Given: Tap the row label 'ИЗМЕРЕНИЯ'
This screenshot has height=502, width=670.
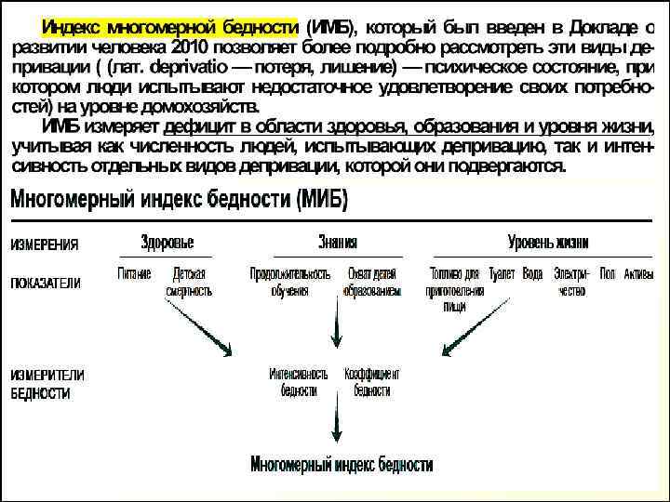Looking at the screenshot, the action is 45,245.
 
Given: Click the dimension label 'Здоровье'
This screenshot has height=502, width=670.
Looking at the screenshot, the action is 167,243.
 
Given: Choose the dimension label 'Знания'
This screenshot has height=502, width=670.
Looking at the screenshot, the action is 337,243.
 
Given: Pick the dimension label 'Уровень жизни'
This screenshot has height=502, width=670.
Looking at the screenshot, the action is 548,243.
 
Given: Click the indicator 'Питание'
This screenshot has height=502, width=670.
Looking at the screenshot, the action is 135,274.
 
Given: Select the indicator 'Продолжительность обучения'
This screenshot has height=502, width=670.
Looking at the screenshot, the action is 290,283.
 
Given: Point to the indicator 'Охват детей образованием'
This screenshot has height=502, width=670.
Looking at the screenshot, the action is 371,283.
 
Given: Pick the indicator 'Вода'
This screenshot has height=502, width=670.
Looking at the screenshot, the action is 532,274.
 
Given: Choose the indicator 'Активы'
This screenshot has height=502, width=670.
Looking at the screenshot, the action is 639,274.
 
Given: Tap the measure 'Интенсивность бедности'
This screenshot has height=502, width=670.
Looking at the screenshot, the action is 298,382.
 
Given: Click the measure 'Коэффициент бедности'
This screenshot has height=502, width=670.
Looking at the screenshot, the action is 371,382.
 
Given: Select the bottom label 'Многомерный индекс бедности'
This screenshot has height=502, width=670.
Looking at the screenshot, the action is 342,464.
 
